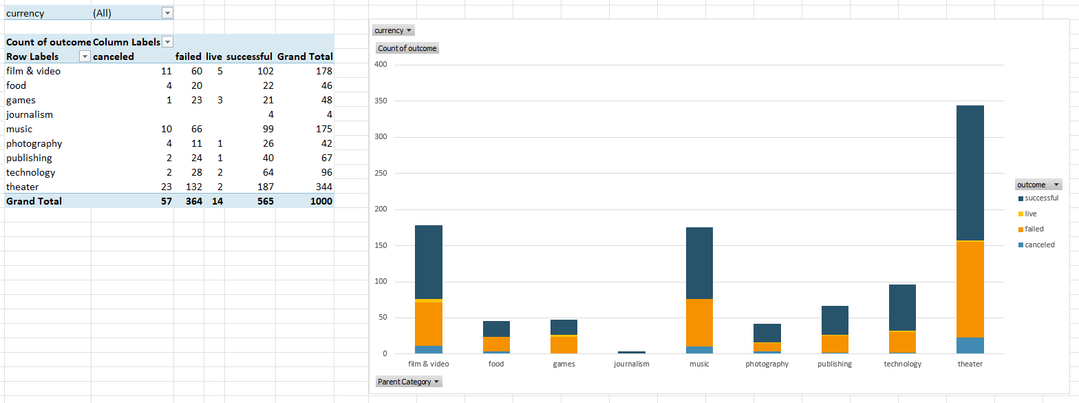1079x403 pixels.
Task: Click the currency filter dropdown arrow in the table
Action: (x=167, y=14)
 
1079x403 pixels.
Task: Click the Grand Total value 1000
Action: (x=321, y=201)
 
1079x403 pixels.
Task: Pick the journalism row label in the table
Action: (x=30, y=114)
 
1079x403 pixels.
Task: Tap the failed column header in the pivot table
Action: (x=188, y=56)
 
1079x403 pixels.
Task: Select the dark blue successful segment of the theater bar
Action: (x=970, y=172)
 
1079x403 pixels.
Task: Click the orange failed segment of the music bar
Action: (x=699, y=322)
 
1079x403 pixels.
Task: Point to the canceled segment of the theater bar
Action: (x=970, y=345)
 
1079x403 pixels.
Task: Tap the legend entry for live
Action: (x=1030, y=214)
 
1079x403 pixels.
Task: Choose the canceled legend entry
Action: (x=1039, y=245)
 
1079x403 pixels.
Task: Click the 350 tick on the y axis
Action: (x=381, y=101)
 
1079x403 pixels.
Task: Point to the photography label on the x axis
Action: (x=767, y=364)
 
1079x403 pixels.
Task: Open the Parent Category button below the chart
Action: (x=409, y=382)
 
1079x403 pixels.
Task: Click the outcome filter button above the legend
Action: (x=1038, y=185)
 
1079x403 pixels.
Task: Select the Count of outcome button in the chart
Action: (x=407, y=48)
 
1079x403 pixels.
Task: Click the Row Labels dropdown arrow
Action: (x=85, y=56)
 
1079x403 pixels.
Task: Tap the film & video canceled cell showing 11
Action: (x=166, y=71)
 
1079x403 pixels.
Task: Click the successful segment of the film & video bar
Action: (x=428, y=262)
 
